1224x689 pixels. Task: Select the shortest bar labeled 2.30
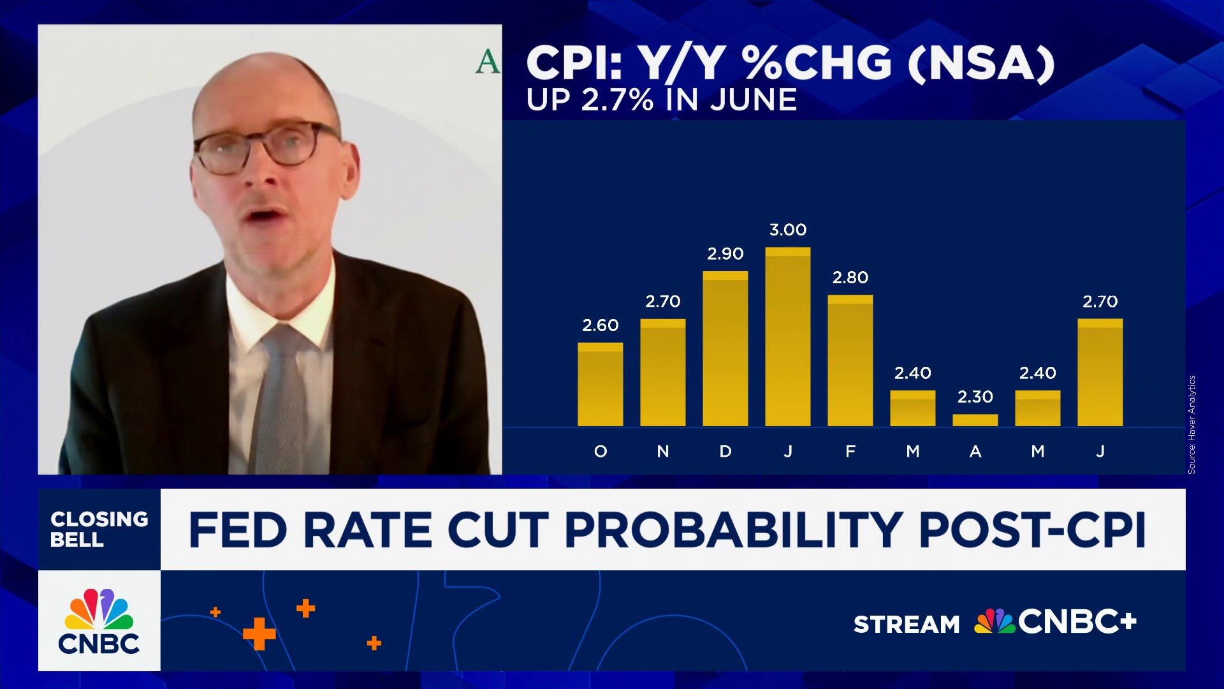[x=975, y=420]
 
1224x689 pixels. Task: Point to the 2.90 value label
[x=725, y=254]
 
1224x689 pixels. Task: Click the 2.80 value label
[x=850, y=278]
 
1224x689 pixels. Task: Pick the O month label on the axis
[x=600, y=452]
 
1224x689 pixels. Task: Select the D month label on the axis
[x=725, y=452]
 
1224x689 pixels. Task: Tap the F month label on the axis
[x=850, y=452]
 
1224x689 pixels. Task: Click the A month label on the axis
[x=975, y=452]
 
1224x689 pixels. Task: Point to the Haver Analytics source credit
[x=1191, y=424]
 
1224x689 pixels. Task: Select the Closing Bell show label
[x=99, y=529]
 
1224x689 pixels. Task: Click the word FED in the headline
[x=237, y=530]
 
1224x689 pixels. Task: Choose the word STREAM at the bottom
[x=906, y=624]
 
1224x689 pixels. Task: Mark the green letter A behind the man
[x=487, y=62]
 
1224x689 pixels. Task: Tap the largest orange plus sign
[x=259, y=633]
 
